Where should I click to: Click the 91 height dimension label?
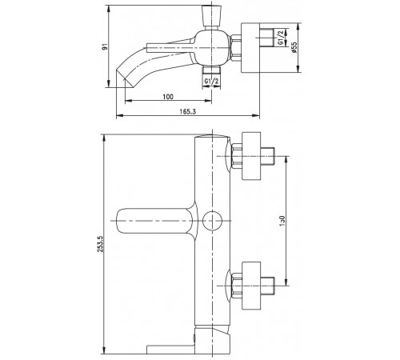[x=106, y=46]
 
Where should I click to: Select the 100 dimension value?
[x=168, y=97]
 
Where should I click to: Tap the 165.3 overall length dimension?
[x=187, y=111]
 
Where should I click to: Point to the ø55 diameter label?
[x=294, y=47]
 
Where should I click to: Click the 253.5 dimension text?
[x=101, y=244]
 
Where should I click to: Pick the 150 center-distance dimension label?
[x=282, y=221]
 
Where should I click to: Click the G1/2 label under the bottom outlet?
[x=211, y=81]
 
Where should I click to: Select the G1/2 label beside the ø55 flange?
[x=281, y=38]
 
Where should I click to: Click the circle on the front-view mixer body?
[x=212, y=221]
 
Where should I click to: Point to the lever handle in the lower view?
[x=157, y=221]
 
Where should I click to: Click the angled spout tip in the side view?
[x=125, y=78]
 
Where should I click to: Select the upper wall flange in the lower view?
[x=251, y=156]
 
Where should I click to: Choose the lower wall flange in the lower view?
[x=251, y=286]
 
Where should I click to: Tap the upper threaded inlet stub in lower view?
[x=267, y=156]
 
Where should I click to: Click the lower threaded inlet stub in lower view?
[x=267, y=286]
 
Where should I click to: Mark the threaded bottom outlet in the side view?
[x=212, y=69]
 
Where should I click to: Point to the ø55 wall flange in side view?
[x=250, y=47]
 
